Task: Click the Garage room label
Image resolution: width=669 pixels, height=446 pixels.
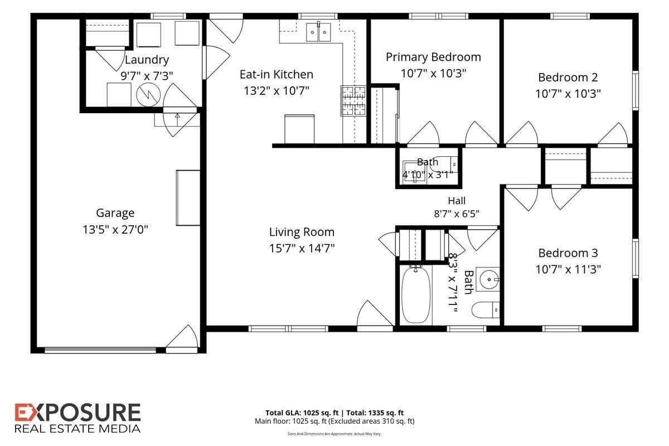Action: click(x=115, y=213)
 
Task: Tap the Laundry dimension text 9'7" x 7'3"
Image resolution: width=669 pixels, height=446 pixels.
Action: click(x=147, y=76)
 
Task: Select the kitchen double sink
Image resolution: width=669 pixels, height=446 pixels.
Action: click(x=318, y=32)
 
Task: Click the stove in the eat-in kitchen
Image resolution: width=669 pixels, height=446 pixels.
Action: click(x=353, y=101)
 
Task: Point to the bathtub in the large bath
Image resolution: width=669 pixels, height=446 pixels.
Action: click(x=416, y=295)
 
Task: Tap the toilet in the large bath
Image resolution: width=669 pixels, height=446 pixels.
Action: click(x=486, y=310)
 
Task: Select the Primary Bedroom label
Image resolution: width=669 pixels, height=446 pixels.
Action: click(x=433, y=57)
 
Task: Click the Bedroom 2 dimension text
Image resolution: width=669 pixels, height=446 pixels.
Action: click(x=568, y=94)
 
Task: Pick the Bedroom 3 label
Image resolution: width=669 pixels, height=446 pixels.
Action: click(x=568, y=253)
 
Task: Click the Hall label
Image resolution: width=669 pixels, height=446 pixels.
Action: click(x=457, y=201)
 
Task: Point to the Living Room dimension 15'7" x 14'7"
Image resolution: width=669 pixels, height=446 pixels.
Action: click(x=302, y=248)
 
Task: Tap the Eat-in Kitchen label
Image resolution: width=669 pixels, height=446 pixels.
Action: click(x=277, y=74)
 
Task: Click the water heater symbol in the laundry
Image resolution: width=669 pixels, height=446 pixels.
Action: click(x=148, y=95)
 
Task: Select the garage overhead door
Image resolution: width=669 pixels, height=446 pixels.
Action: click(x=100, y=350)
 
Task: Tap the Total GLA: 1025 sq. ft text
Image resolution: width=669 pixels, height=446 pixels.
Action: click(x=302, y=413)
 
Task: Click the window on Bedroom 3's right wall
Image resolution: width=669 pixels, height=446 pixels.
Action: click(x=636, y=259)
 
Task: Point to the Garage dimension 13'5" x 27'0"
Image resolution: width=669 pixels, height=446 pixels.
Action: click(x=115, y=230)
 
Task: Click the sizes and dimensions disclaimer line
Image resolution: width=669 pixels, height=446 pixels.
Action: click(x=334, y=434)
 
